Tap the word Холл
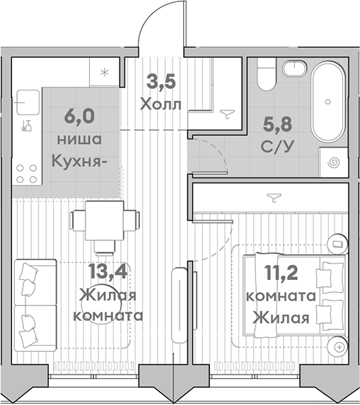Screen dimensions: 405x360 [x=160, y=104]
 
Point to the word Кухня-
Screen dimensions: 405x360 [x=80, y=160]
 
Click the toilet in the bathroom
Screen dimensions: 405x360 [x=266, y=74]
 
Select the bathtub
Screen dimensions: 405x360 [x=327, y=102]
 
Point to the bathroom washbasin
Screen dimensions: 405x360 [x=294, y=69]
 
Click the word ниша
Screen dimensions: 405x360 [x=83, y=139]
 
